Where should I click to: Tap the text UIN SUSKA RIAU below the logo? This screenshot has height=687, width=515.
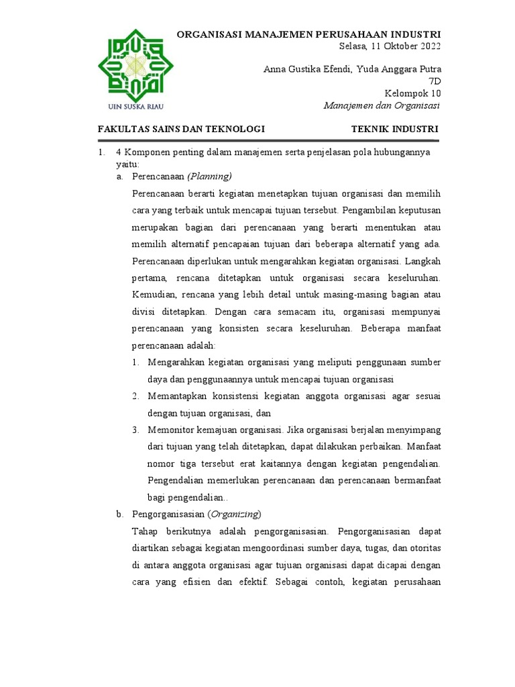(136, 106)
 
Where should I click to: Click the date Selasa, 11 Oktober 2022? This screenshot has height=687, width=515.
(390, 46)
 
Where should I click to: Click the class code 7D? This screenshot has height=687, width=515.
(435, 81)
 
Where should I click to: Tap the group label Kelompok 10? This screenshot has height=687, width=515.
(412, 93)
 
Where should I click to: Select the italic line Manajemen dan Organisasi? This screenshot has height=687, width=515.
(381, 105)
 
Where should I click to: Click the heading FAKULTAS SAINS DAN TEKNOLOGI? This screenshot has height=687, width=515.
(182, 129)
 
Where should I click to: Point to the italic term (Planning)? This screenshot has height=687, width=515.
(209, 176)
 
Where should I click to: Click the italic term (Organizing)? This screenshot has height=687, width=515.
(234, 514)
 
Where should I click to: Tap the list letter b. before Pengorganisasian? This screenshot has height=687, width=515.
(120, 514)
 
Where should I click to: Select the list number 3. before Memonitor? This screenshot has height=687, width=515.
(135, 429)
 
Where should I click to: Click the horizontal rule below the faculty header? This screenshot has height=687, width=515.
(268, 141)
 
